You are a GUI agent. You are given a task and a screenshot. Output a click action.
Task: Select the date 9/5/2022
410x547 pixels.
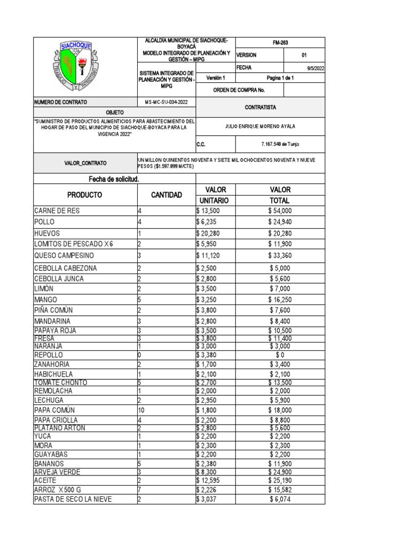click(x=315, y=68)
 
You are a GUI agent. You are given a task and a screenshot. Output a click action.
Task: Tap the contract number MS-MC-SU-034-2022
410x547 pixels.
click(x=167, y=101)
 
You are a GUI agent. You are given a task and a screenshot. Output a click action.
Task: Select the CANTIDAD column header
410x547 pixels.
click(x=167, y=194)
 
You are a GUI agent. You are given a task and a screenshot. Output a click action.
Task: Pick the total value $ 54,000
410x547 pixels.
click(x=280, y=211)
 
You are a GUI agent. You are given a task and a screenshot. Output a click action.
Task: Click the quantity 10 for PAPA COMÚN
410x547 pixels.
click(x=141, y=410)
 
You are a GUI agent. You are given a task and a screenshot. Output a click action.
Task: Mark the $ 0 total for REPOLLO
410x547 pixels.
click(x=280, y=355)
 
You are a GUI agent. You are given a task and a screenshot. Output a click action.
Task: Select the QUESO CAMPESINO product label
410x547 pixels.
click(x=64, y=255)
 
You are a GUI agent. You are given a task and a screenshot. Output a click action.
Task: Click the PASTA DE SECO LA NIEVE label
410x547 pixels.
click(x=73, y=499)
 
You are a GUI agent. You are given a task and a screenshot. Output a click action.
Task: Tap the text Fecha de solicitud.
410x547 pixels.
click(x=110, y=178)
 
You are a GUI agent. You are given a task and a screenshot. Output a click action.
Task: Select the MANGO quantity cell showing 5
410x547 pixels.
click(x=140, y=300)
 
